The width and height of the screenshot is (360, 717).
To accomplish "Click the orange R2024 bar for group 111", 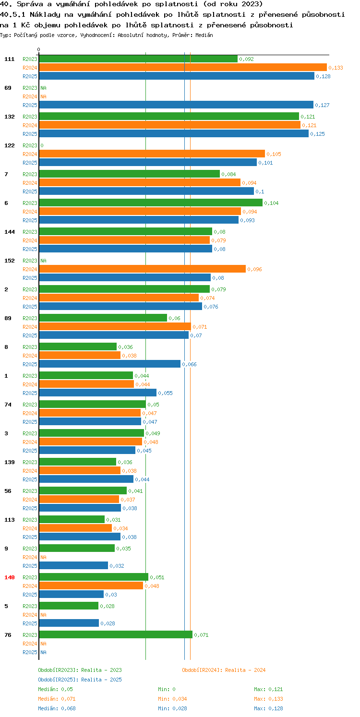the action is point(183,68).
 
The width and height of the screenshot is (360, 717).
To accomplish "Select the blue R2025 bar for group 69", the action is point(176,105).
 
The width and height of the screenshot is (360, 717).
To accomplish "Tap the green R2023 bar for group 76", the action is point(116,635).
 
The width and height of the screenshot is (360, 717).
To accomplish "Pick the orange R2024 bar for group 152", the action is point(142,269).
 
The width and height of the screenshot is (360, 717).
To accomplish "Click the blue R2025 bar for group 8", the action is point(110,364).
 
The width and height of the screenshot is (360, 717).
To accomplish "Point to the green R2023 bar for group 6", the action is point(151,203).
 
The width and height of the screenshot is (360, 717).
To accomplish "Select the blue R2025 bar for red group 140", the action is point(72,595).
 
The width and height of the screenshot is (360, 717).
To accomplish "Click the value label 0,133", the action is point(336,68).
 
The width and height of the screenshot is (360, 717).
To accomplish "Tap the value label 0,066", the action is point(189,365).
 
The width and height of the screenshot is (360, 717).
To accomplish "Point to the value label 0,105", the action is point(274,154).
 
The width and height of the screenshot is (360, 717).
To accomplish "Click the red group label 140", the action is point(10,577).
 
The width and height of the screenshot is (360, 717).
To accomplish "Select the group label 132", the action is point(10,117).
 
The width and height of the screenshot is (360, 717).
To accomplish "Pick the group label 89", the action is point(8,319).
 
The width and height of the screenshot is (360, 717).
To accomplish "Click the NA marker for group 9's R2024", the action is point(43,557).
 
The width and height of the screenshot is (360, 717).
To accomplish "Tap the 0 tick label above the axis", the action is point(39,49).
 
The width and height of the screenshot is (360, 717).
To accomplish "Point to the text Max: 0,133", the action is point(268,699).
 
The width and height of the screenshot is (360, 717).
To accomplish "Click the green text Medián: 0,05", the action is point(55,690).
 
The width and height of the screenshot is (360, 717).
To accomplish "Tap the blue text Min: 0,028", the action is point(172,709).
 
